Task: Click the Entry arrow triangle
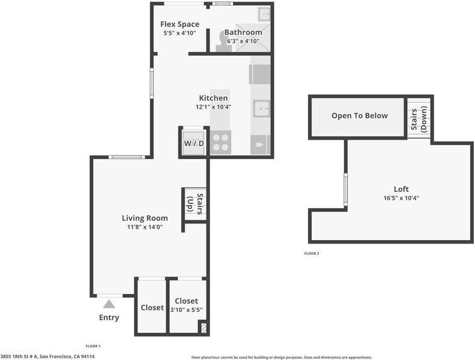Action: coord(109,304)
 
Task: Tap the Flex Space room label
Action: coord(180,24)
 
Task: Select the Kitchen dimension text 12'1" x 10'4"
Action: coord(214,107)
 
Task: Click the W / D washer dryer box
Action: coord(194,143)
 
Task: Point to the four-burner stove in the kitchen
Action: coord(220,142)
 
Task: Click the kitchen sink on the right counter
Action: coord(261,109)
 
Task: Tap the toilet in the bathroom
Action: coord(223,43)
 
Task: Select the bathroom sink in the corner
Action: coord(264,14)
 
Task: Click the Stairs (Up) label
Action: coord(195,204)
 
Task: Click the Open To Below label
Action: coord(360,116)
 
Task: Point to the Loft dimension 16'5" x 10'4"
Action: coord(401,199)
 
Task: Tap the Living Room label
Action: coord(145,218)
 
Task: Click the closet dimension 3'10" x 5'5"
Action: coord(186,310)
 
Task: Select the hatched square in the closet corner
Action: coord(204,328)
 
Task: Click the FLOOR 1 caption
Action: coord(93,346)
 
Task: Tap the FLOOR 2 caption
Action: coord(312,253)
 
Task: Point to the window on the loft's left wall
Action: coord(345,190)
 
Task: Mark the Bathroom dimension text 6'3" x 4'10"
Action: coord(244,41)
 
